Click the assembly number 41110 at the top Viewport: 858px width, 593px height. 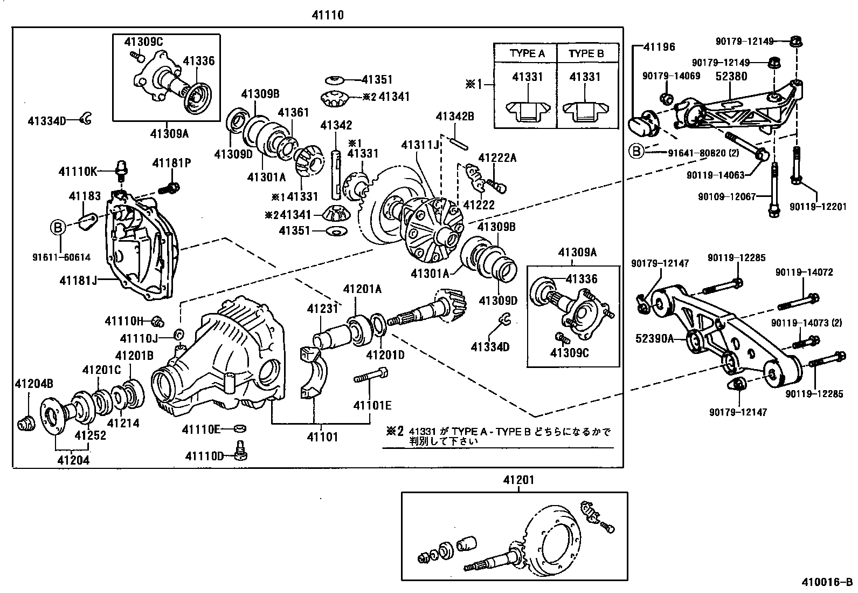pyautogui.click(x=327, y=16)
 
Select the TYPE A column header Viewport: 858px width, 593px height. pyautogui.click(x=527, y=53)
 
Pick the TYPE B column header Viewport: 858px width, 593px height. pyautogui.click(x=586, y=53)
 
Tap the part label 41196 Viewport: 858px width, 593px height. pyautogui.click(x=658, y=47)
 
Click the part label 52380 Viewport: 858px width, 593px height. pyautogui.click(x=731, y=76)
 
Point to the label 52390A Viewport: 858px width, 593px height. pyautogui.click(x=654, y=338)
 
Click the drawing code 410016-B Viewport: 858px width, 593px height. pyautogui.click(x=827, y=582)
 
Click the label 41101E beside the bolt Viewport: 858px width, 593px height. pyautogui.click(x=372, y=405)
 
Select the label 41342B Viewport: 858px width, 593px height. pyautogui.click(x=455, y=116)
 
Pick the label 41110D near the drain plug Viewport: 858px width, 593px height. pyautogui.click(x=204, y=456)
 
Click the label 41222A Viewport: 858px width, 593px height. pyautogui.click(x=497, y=158)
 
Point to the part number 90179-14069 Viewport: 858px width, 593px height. pyautogui.click(x=671, y=76)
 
